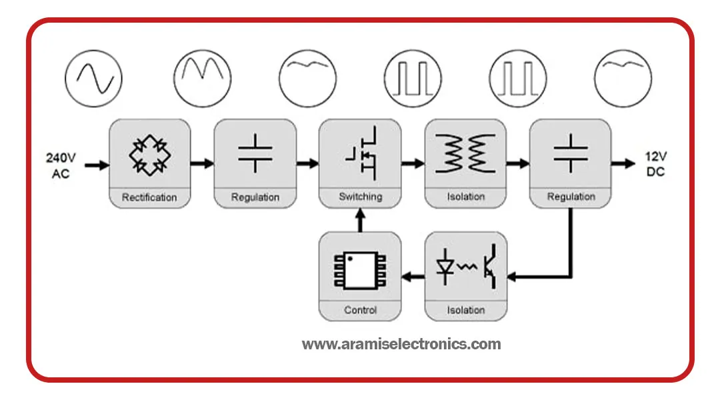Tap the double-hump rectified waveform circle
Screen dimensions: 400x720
202,79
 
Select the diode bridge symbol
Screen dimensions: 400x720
149,155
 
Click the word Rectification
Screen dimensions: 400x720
149,197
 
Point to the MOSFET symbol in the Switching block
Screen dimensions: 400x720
361,155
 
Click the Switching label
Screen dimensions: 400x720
361,197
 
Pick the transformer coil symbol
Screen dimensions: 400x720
465,154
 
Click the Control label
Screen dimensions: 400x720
361,310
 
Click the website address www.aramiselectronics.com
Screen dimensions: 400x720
401,345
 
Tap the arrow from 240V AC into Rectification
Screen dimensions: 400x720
97,165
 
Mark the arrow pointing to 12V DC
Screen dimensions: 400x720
625,163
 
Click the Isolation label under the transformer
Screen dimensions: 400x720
465,197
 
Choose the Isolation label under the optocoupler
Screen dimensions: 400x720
465,310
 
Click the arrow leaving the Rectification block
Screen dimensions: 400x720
201,163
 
